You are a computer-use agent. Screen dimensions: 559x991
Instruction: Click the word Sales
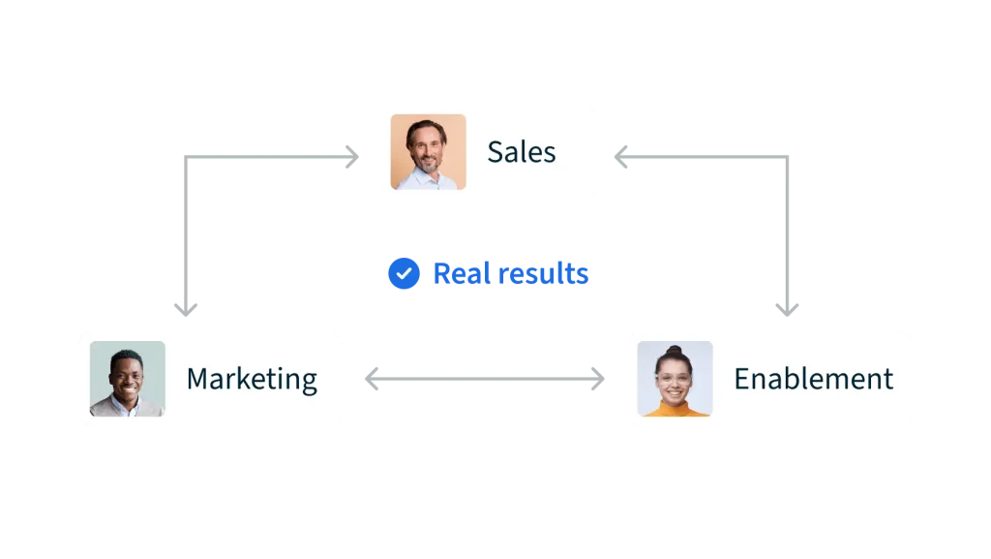521,152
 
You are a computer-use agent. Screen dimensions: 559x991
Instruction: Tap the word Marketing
252,379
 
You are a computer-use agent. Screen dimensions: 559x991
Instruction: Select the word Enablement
813,379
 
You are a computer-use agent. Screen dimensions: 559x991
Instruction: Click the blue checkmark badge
404,274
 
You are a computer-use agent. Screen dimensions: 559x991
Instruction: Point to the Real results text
510,274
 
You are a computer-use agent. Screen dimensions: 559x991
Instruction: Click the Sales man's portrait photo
428,152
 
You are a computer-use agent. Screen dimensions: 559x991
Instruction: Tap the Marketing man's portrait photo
127,379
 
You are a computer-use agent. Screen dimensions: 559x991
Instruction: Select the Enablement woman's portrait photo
675,379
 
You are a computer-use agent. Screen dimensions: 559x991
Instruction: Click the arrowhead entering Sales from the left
351,154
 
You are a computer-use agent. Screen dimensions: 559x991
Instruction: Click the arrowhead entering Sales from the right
624,154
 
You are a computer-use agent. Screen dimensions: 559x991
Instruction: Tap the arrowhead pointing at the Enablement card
600,379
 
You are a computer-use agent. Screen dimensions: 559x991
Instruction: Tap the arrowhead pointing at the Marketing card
374,379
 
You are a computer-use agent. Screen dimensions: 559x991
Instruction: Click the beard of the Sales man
427,164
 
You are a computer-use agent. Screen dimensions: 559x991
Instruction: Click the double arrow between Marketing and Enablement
487,379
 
